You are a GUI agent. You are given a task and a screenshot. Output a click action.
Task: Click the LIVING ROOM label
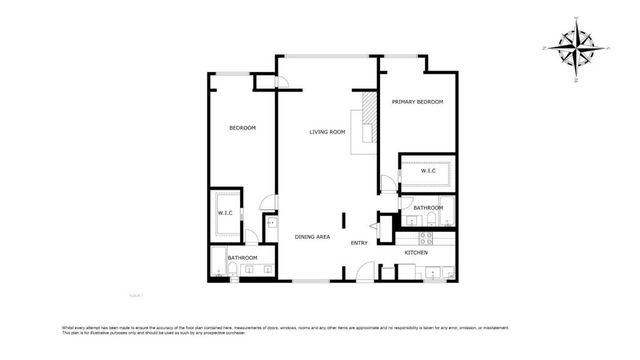327,132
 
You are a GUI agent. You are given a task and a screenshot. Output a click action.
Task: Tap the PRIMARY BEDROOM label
417,102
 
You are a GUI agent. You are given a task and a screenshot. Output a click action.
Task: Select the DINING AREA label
312,237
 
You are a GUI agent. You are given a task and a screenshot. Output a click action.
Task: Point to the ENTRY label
359,243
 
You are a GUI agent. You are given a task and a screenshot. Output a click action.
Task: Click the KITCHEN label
416,253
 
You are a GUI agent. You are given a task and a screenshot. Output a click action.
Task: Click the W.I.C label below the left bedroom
225,213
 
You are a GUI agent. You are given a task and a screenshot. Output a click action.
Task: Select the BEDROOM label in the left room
242,128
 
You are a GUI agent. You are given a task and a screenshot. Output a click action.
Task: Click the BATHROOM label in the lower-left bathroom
242,258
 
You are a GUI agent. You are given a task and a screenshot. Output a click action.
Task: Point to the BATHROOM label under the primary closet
428,208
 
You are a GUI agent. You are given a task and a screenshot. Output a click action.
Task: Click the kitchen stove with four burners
426,238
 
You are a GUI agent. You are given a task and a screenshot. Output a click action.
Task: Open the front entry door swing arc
364,270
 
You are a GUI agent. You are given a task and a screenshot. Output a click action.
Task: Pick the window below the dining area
309,281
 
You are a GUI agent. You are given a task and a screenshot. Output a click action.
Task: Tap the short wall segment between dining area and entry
344,220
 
